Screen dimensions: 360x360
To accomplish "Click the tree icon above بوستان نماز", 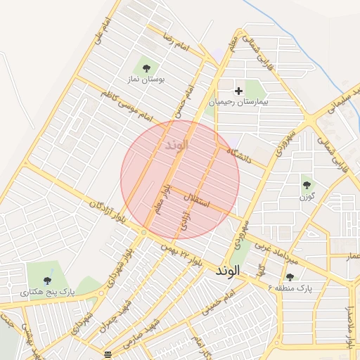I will (x=146, y=68).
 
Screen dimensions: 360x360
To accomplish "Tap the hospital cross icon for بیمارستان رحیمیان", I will (x=238, y=91).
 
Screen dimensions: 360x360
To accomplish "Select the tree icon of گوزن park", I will (x=307, y=185).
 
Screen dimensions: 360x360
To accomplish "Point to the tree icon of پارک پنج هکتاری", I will (x=47, y=280).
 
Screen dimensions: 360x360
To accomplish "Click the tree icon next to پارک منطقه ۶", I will (x=290, y=277).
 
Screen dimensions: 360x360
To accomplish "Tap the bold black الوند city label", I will (x=228, y=270).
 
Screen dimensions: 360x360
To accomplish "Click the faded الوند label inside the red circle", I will (x=176, y=146).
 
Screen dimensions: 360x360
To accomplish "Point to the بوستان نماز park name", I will (x=146, y=80).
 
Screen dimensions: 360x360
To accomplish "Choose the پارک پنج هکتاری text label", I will (x=47, y=291).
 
